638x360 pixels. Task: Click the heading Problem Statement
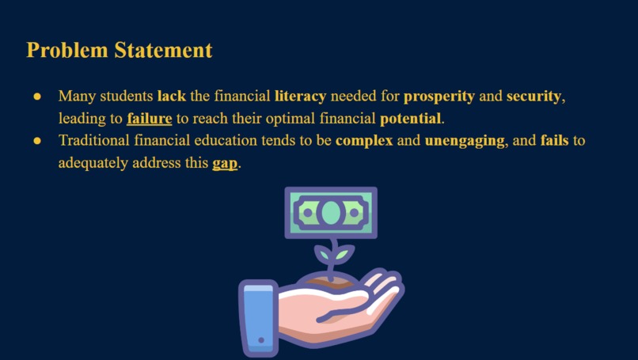(x=120, y=50)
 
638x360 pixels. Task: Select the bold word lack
(x=172, y=97)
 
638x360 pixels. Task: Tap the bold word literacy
(x=300, y=97)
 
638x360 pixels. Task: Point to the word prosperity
(x=439, y=97)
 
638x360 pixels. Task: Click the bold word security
(x=534, y=97)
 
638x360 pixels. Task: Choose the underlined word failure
(x=149, y=119)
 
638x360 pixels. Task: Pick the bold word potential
(x=410, y=119)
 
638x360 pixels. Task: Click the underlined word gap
(x=225, y=165)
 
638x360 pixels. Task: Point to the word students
(x=127, y=97)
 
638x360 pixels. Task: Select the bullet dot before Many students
(x=36, y=97)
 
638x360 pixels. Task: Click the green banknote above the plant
(x=331, y=212)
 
